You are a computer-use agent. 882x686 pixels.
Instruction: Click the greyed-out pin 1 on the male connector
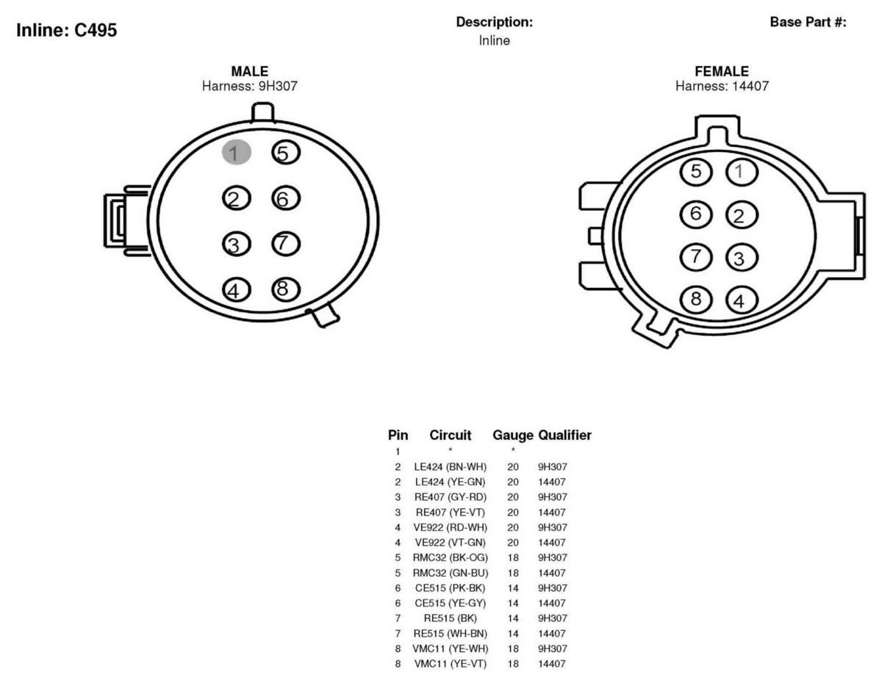tap(236, 153)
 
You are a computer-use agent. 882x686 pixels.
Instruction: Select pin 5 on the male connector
tap(286, 153)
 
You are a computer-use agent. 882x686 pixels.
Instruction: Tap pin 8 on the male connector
tap(286, 289)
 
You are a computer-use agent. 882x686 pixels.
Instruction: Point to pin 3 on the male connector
tap(236, 244)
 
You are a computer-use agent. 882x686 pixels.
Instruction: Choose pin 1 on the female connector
tap(742, 172)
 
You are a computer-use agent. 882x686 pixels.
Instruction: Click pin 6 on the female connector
tap(696, 214)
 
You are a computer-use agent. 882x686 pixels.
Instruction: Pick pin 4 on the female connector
tap(742, 300)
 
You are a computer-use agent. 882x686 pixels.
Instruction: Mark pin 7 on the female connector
tap(696, 257)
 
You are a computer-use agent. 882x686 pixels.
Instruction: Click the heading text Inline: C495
tap(67, 30)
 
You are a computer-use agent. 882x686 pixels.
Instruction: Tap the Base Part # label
tap(808, 22)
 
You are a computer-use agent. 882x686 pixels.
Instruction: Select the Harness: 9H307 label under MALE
tap(250, 86)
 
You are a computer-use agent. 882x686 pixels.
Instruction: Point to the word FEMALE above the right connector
tap(722, 71)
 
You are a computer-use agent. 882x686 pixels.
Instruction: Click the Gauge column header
tap(513, 435)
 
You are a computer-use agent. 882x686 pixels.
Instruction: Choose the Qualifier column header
tap(564, 435)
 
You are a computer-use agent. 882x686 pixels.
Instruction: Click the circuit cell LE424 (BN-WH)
tap(450, 467)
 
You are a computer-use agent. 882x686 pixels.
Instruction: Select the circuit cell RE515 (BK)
tap(450, 618)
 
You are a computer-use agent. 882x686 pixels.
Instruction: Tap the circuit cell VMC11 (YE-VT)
tap(450, 664)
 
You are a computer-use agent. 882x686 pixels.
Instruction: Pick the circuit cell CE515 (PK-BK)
tap(450, 588)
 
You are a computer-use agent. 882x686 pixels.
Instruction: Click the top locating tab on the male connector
tap(263, 112)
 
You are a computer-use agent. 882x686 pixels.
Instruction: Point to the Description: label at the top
tap(495, 22)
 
